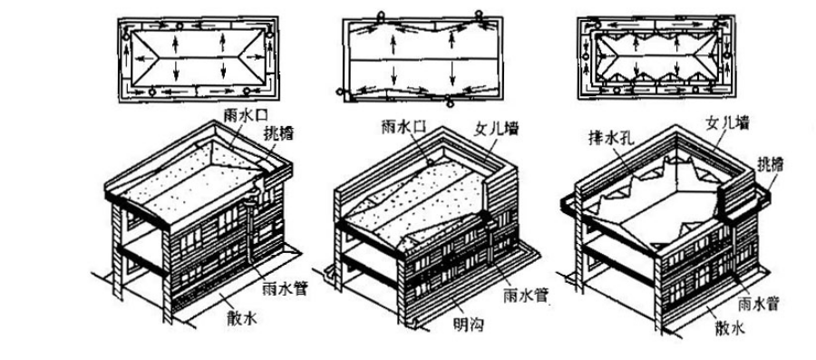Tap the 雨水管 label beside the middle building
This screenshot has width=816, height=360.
pyautogui.click(x=527, y=296)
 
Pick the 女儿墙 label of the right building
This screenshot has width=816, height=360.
pyautogui.click(x=727, y=123)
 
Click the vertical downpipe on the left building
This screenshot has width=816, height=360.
pyautogui.click(x=251, y=229)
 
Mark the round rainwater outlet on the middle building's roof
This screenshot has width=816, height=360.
pyautogui.click(x=432, y=163)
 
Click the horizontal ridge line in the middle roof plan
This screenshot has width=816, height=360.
pyautogui.click(x=423, y=61)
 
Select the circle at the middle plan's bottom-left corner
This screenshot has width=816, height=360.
pyautogui.click(x=340, y=92)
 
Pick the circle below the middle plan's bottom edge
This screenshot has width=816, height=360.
pyautogui.click(x=450, y=103)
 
